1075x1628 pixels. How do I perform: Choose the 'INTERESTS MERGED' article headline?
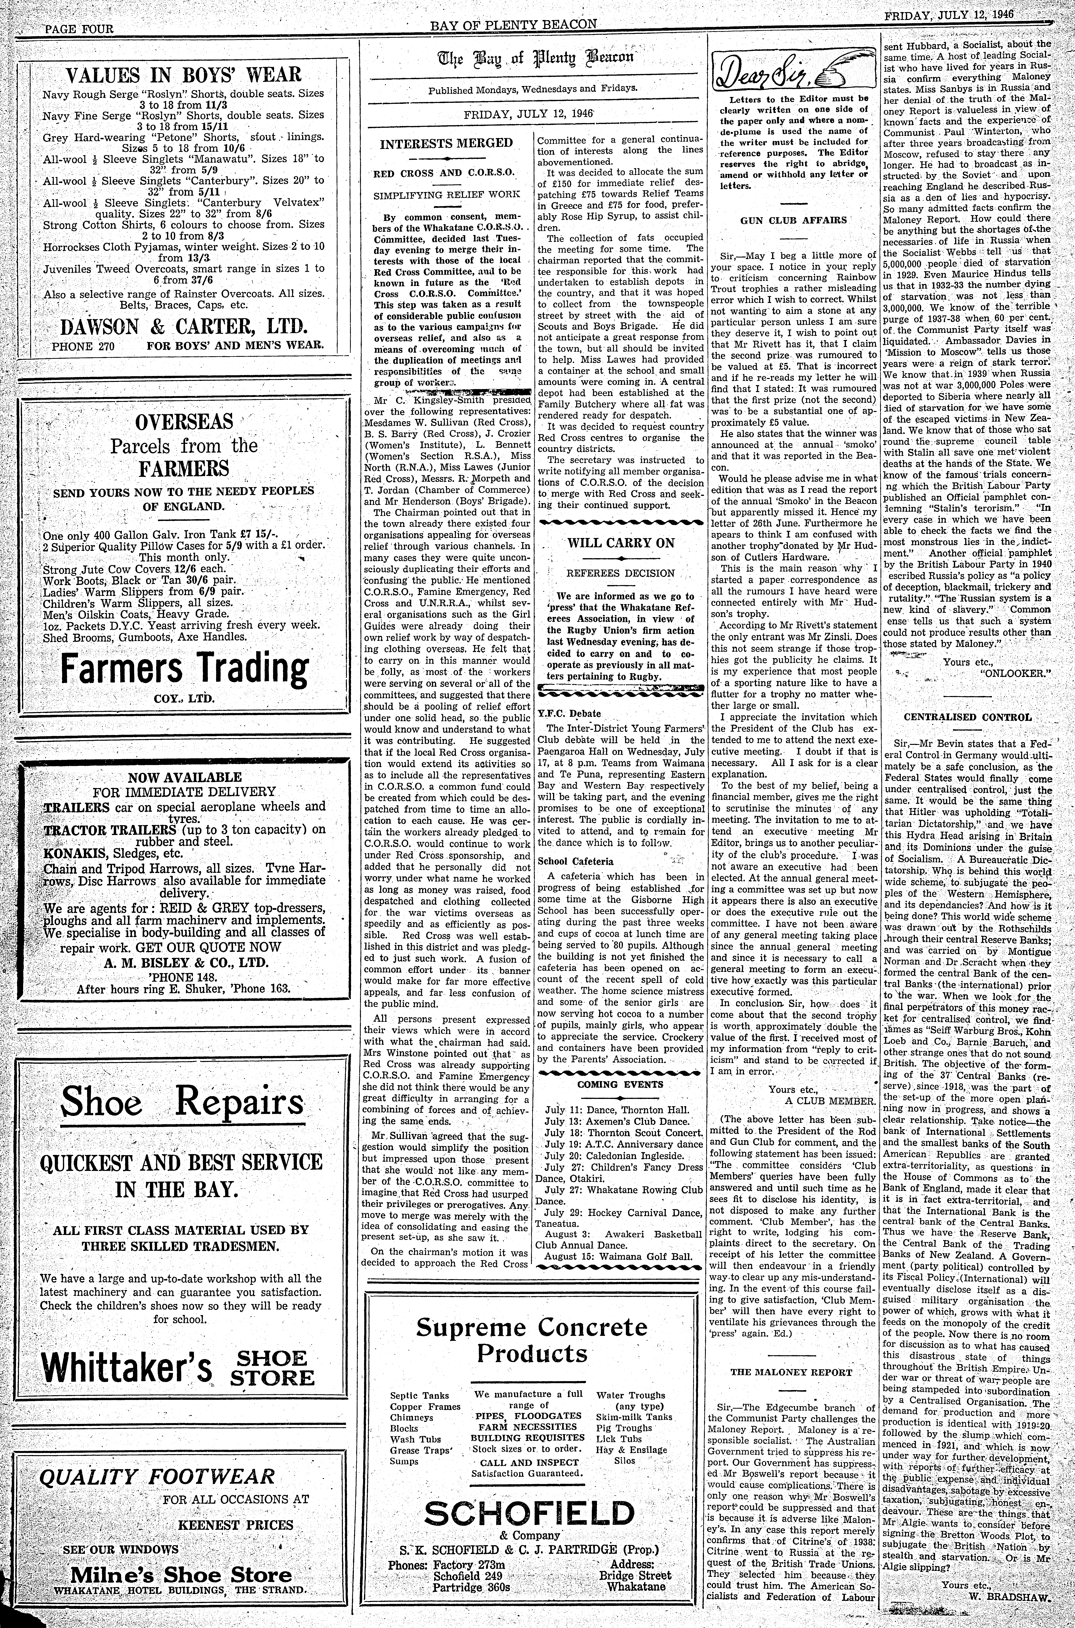click(x=446, y=143)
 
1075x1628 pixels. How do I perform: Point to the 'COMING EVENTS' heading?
click(x=620, y=1084)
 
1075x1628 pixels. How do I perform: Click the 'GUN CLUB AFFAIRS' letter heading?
click(x=793, y=220)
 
